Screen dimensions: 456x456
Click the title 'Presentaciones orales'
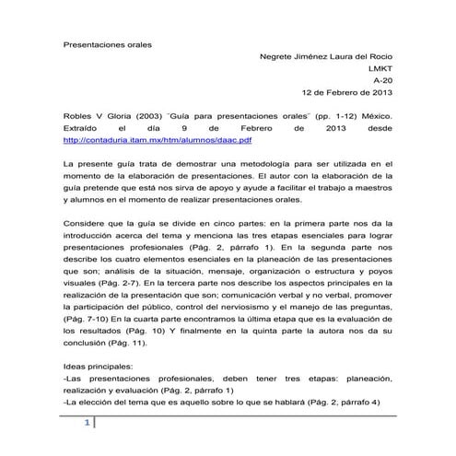pos(107,44)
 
